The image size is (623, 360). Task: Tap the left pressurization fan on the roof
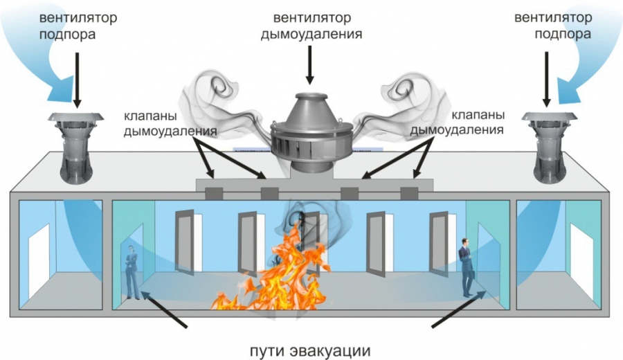click(x=76, y=147)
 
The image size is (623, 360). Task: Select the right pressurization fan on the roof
click(x=549, y=147)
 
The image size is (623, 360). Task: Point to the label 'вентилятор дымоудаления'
click(x=311, y=26)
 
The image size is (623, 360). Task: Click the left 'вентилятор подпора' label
click(x=78, y=26)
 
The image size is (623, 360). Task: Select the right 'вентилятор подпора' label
click(x=553, y=26)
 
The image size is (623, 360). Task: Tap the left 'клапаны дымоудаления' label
click(x=170, y=123)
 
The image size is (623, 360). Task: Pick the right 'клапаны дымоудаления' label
click(x=457, y=122)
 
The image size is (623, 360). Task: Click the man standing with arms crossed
click(x=132, y=271)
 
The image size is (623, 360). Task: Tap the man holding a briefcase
click(x=466, y=267)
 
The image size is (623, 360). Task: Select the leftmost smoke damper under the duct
click(x=214, y=193)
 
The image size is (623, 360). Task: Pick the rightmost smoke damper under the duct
click(x=409, y=193)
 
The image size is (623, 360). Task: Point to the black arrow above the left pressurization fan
click(x=77, y=80)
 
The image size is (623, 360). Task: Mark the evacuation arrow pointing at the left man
click(x=165, y=309)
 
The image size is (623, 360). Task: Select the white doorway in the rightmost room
click(x=581, y=263)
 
